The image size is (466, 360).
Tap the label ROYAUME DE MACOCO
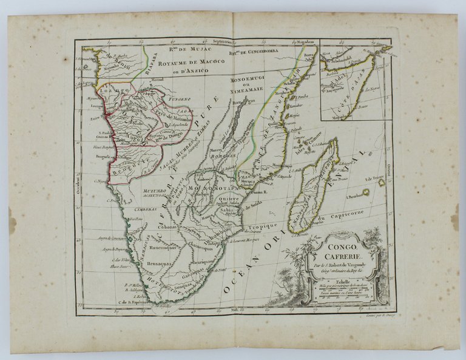183,63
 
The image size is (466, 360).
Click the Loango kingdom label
115,89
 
